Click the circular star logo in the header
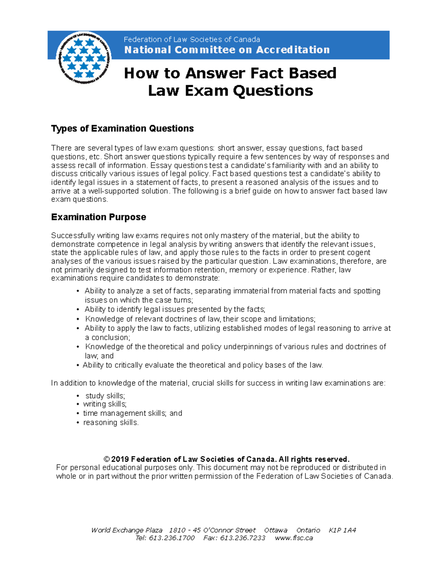[x=84, y=58]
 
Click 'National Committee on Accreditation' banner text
[x=227, y=50]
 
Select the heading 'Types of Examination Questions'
[x=122, y=129]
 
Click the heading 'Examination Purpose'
[x=99, y=217]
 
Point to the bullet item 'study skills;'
[x=105, y=396]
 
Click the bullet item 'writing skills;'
[x=105, y=404]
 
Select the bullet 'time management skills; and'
[x=133, y=413]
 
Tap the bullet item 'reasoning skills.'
[x=111, y=423]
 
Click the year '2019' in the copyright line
[x=120, y=459]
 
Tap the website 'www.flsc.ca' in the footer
[x=294, y=538]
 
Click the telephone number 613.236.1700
[x=172, y=538]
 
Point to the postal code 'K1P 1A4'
[x=342, y=530]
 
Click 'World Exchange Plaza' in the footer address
[x=127, y=530]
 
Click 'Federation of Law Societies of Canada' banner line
[x=192, y=40]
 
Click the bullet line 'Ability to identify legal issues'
[x=175, y=309]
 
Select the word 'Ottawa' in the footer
[x=276, y=530]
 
